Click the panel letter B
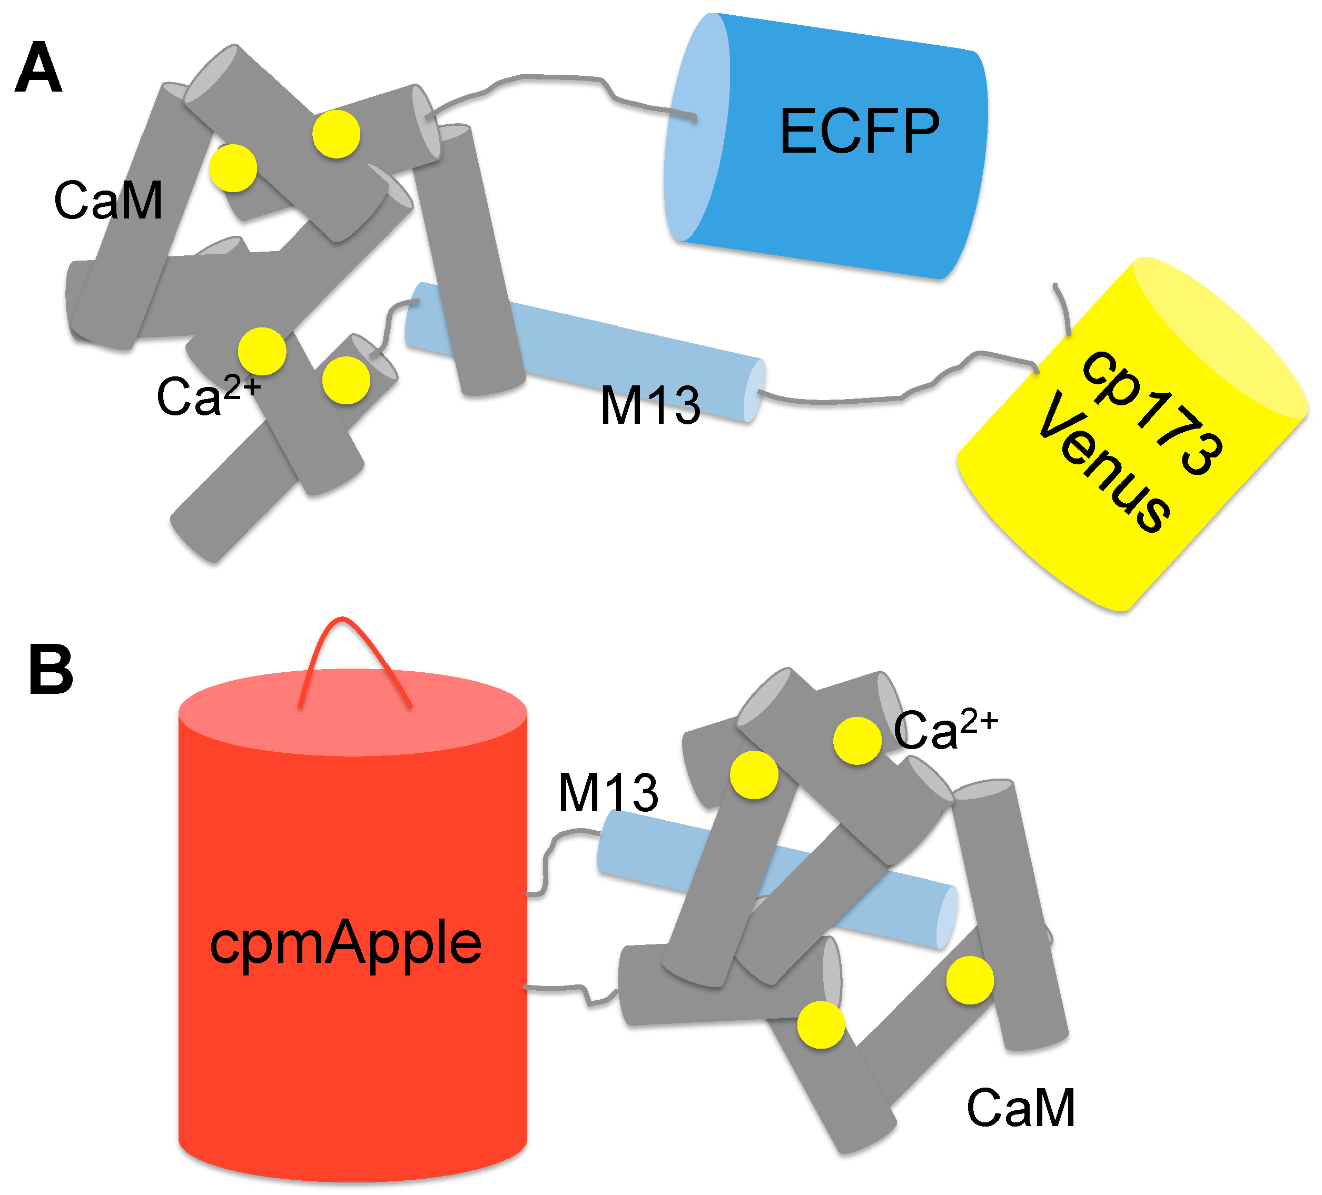51,670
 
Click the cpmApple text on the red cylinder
346,944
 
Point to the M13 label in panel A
650,406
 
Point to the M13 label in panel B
608,793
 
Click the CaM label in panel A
108,201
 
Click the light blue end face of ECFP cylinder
695,131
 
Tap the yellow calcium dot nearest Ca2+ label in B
857,741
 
